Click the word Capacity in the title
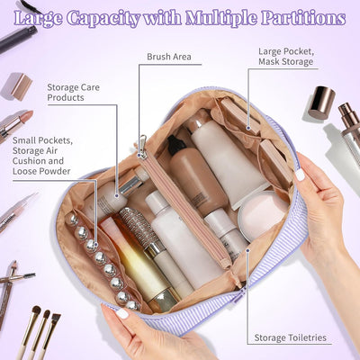pyautogui.click(x=103, y=19)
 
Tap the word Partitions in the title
pyautogui.click(x=303, y=18)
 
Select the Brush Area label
pyautogui.click(x=169, y=57)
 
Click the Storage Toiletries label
pyautogui.click(x=290, y=337)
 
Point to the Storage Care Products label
pyautogui.click(x=73, y=93)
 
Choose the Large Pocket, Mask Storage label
pyautogui.click(x=286, y=57)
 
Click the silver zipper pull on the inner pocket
pyautogui.click(x=142, y=147)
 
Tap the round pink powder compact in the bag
pyautogui.click(x=260, y=214)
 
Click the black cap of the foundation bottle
pyautogui.click(x=176, y=145)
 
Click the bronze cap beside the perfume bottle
pyautogui.click(x=321, y=102)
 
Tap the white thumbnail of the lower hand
pyautogui.click(x=122, y=313)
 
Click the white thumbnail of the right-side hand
pyautogui.click(x=300, y=175)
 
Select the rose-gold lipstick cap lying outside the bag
pyautogui.click(x=21, y=87)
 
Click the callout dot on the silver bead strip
pyautogui.click(x=96, y=245)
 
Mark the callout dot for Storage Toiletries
pyautogui.click(x=247, y=250)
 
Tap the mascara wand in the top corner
pyautogui.click(x=18, y=38)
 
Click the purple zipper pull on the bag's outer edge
pyautogui.click(x=239, y=295)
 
